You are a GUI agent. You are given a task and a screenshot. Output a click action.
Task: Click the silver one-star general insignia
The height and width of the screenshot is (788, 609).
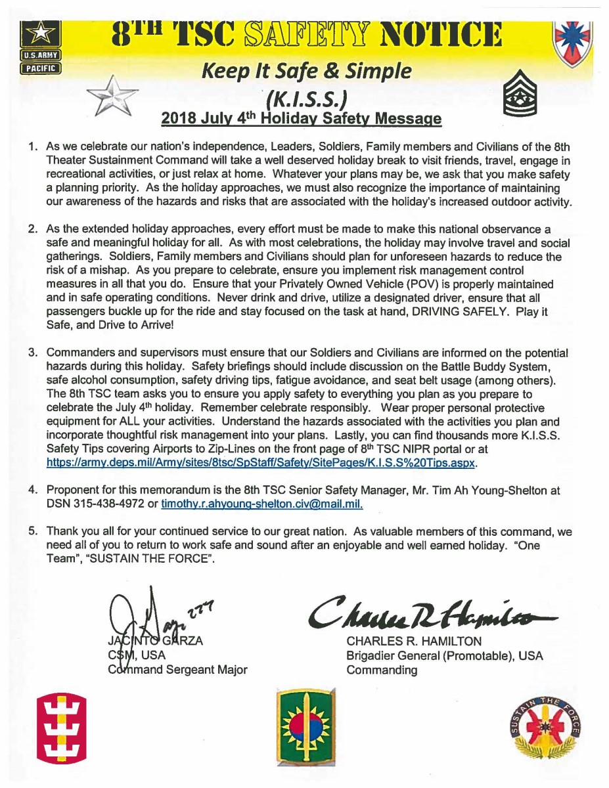112,96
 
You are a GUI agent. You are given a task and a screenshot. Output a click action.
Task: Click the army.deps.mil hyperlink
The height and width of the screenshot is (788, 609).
261,463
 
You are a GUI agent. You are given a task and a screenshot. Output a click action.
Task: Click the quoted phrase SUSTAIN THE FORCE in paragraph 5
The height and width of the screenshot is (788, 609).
154,559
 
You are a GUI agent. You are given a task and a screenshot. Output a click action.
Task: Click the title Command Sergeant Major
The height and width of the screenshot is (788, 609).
178,670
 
